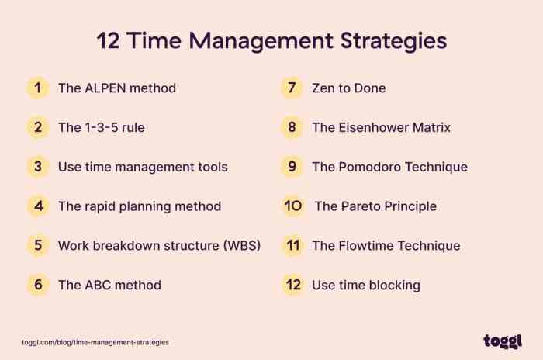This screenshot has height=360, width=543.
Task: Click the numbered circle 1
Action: [36, 88]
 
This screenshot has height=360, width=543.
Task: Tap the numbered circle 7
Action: [292, 88]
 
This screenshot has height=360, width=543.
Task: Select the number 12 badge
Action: [292, 285]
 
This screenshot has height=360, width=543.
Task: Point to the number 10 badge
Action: [292, 206]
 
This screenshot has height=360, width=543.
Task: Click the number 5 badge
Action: [36, 245]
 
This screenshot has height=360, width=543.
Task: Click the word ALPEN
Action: [109, 88]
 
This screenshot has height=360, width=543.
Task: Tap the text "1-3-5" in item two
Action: [101, 127]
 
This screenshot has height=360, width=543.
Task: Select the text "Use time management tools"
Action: [143, 167]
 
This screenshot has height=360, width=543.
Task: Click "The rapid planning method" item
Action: [140, 206]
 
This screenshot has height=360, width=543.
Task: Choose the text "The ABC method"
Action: [109, 285]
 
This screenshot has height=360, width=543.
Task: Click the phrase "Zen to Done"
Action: [348, 88]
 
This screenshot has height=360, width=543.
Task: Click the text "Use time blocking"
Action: [366, 285]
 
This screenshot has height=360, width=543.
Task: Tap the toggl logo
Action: [502, 341]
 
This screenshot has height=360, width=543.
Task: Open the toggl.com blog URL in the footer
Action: [95, 341]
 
